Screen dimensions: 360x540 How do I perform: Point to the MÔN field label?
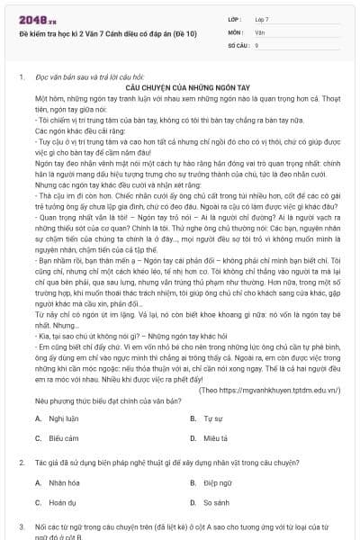tap(236, 31)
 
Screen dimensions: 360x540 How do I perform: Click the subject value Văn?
tap(260, 31)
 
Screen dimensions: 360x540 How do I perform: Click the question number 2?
tap(21, 462)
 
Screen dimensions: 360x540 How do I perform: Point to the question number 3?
tap(21, 526)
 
